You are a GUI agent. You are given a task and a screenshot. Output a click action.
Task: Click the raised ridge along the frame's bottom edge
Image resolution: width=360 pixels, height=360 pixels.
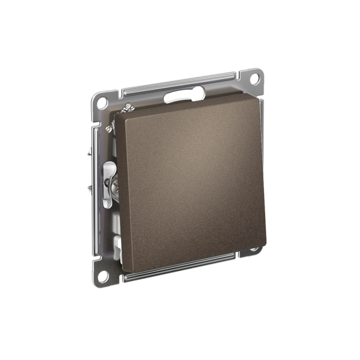[180, 266]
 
